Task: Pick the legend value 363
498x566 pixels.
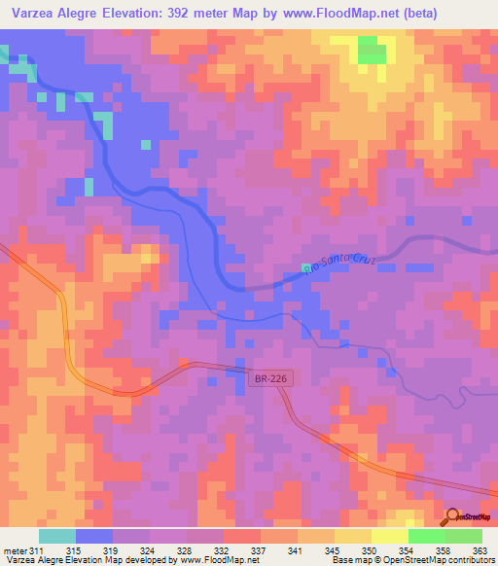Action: (478, 551)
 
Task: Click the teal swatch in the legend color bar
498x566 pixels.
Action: (56, 536)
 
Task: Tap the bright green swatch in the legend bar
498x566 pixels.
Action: (426, 536)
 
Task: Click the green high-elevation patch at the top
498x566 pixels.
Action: (371, 51)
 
